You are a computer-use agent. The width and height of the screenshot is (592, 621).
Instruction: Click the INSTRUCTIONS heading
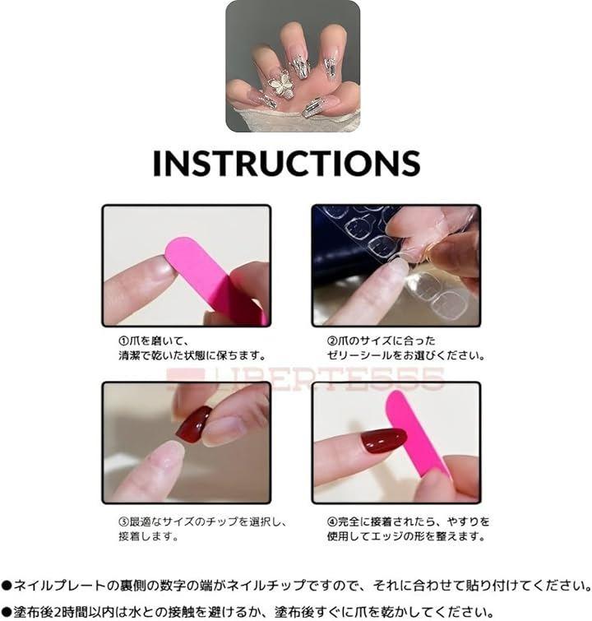[286, 162]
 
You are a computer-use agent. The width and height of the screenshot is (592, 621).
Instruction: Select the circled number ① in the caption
[123, 341]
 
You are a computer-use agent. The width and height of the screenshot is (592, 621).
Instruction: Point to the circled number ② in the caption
[332, 341]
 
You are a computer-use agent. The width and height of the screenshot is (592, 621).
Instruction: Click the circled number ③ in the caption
[123, 522]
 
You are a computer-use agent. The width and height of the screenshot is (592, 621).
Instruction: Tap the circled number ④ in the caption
[332, 522]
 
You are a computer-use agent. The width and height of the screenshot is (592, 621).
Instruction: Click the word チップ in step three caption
[221, 522]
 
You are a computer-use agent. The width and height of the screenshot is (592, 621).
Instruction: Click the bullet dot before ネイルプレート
[7, 586]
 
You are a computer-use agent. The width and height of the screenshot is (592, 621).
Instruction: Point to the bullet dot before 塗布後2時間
[7, 612]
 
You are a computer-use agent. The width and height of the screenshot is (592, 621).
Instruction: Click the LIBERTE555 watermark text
[305, 378]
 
